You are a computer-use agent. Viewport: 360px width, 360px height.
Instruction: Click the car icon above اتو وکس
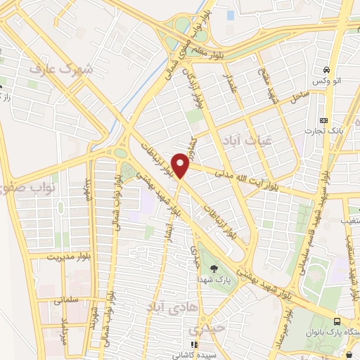coord(326,70)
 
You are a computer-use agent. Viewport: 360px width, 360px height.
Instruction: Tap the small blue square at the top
coord(230,14)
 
